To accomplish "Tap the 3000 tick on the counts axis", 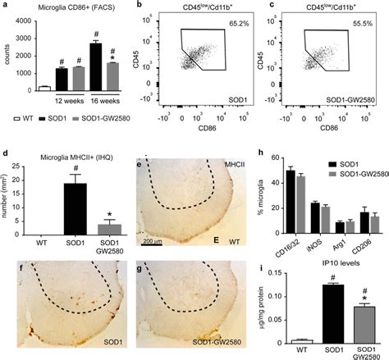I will (25, 38).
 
